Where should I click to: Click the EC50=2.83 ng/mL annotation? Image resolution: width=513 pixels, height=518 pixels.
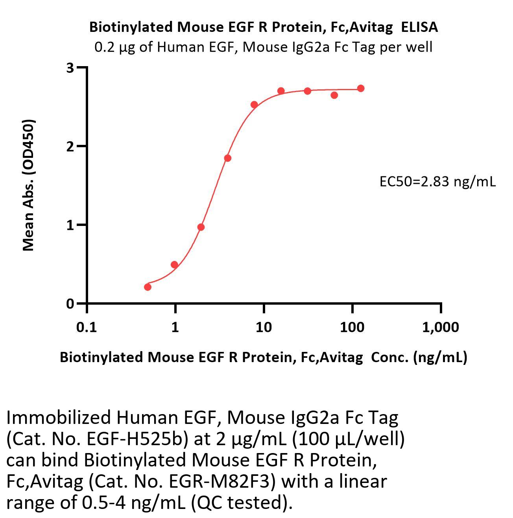click(x=437, y=181)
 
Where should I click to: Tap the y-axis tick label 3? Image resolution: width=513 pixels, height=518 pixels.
click(x=70, y=68)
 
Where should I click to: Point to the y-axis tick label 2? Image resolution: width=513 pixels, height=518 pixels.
click(x=70, y=146)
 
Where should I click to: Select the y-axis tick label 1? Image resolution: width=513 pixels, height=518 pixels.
click(x=70, y=225)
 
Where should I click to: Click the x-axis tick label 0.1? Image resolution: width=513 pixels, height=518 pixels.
click(x=87, y=327)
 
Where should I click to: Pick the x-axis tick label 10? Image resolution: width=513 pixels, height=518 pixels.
click(x=263, y=327)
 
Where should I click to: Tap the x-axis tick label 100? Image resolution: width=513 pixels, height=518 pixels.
click(x=352, y=327)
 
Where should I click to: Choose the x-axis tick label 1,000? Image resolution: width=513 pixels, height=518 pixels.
click(x=440, y=327)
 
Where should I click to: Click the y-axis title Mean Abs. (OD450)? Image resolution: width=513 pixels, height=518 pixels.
click(x=29, y=185)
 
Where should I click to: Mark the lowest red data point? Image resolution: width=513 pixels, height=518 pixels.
click(x=148, y=287)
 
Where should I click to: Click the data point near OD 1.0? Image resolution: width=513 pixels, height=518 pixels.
click(x=201, y=227)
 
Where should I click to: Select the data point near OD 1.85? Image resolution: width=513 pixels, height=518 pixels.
click(x=228, y=158)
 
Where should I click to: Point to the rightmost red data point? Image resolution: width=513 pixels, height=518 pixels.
click(x=361, y=88)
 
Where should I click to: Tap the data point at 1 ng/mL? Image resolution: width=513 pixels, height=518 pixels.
click(x=175, y=265)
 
